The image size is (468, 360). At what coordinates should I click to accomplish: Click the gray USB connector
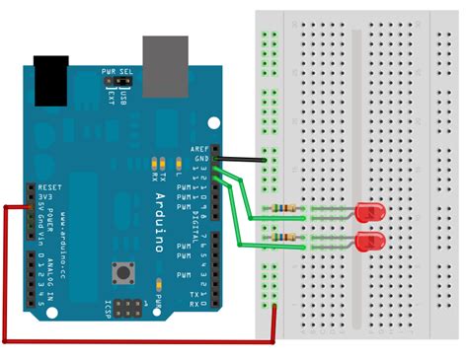point(165,61)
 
